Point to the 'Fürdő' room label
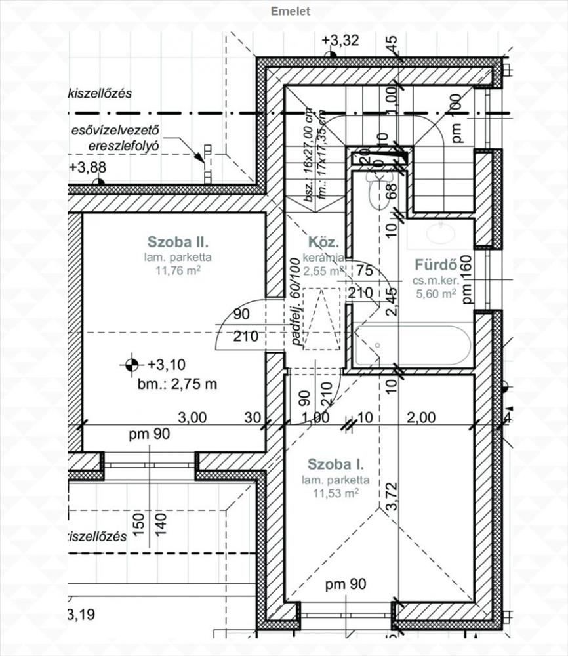point(435,265)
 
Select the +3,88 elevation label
point(87,167)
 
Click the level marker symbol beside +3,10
point(132,363)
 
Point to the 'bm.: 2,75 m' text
point(177,384)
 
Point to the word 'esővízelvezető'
point(116,131)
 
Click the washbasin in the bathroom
point(439,233)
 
